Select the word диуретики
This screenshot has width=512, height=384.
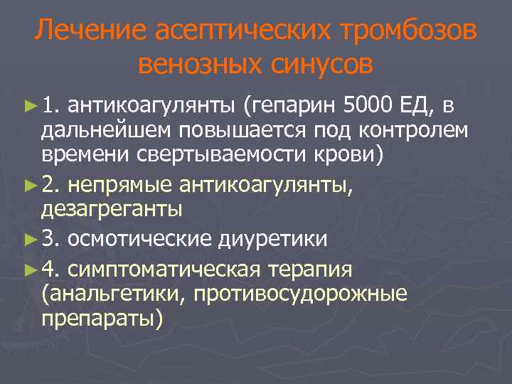(x=272, y=240)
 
